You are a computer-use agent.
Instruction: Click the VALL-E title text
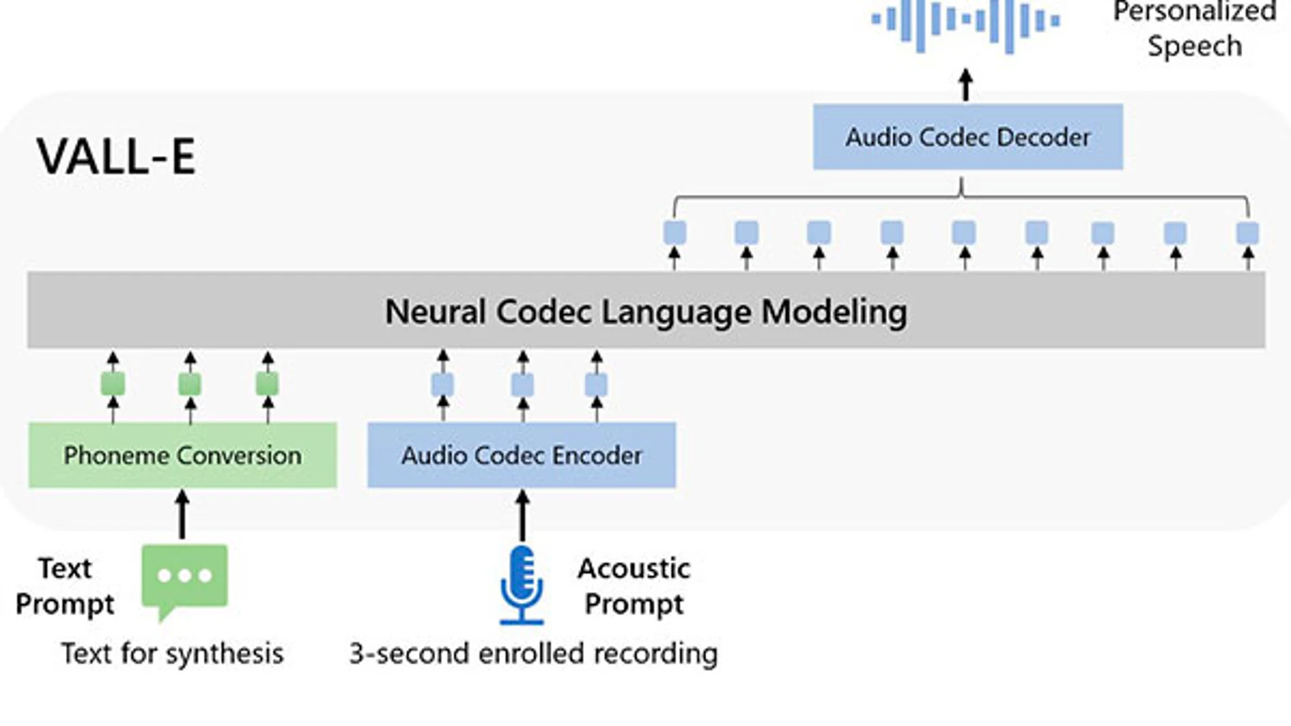116,156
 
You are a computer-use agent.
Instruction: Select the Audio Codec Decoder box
968,137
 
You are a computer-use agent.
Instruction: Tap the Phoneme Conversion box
182,455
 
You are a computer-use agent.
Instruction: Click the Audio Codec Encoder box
521,455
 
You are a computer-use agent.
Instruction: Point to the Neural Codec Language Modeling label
645,312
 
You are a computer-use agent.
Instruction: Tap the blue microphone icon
521,584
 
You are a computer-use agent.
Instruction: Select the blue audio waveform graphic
965,24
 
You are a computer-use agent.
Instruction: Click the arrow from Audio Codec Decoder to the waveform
966,86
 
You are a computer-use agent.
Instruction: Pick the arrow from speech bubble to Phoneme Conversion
182,515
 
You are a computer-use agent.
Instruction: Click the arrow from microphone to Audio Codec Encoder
522,515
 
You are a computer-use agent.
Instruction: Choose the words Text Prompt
65,585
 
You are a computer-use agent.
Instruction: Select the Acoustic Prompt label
633,585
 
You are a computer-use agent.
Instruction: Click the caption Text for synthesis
172,653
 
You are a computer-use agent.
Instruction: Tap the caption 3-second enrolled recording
533,653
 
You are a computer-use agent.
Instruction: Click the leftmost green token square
113,384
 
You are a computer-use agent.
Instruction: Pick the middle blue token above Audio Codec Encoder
522,385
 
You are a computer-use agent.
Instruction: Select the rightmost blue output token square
1248,233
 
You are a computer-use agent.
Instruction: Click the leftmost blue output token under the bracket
674,233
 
